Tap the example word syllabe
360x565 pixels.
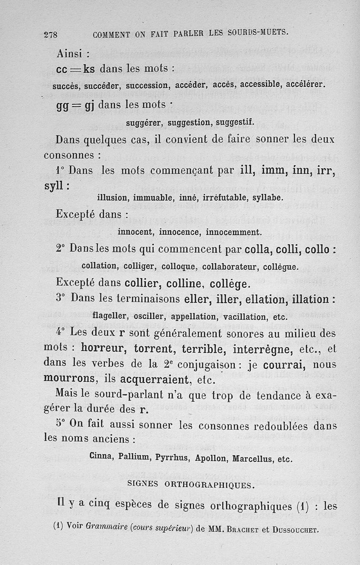click(x=266, y=197)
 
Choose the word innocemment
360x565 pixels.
click(x=234, y=233)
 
